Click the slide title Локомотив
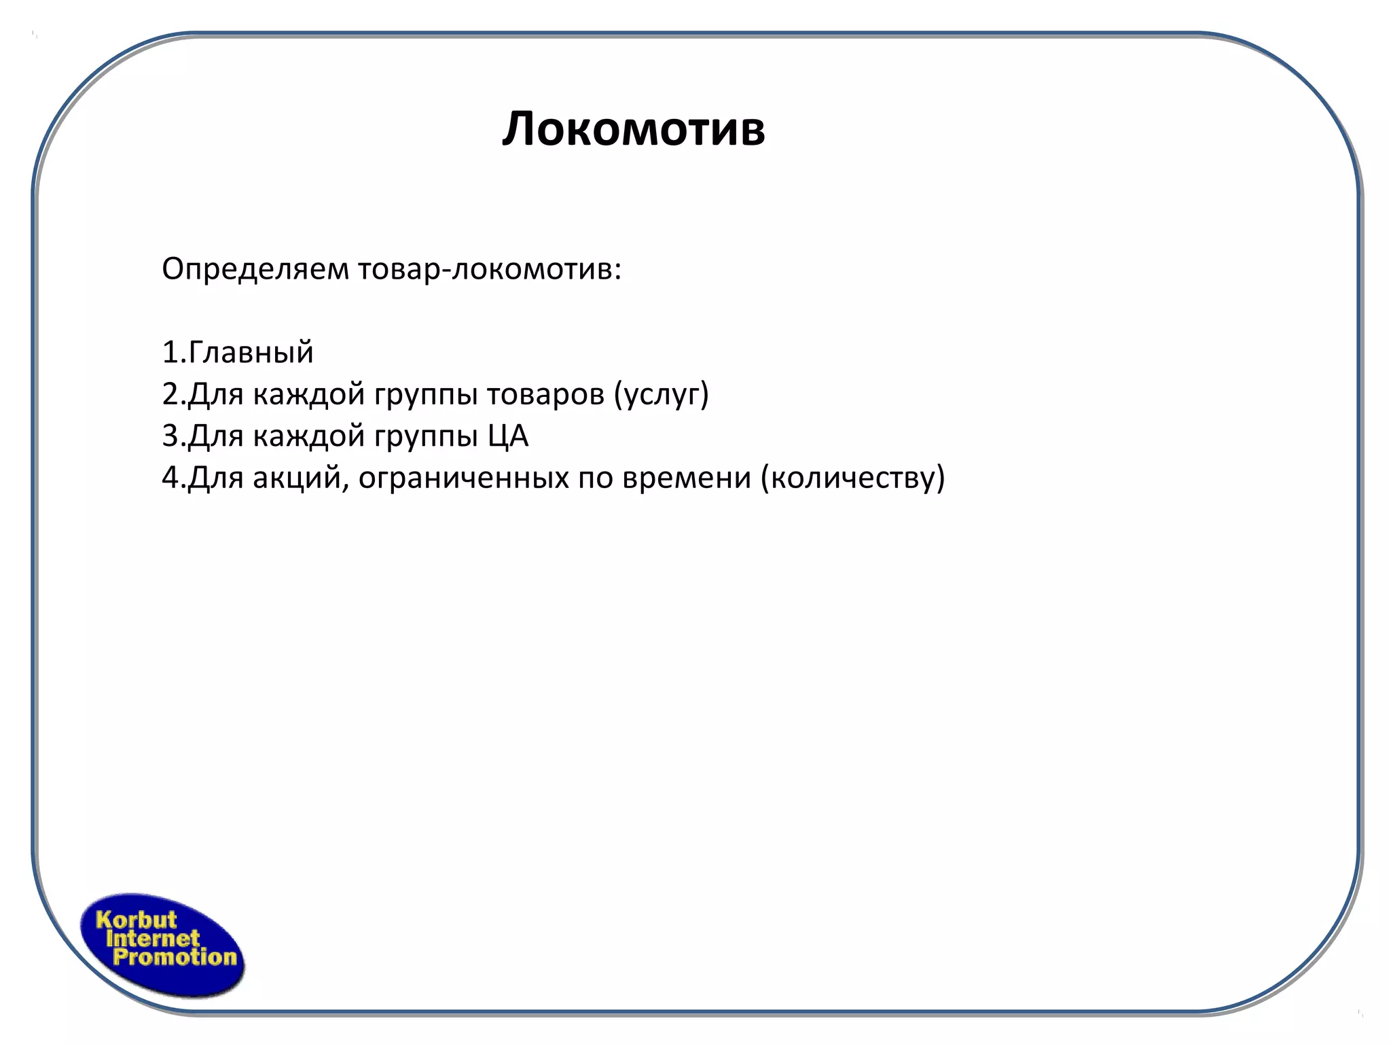[x=634, y=128]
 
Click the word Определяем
[x=255, y=270]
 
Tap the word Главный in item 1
[x=251, y=353]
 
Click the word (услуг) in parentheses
[x=661, y=394]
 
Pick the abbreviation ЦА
[x=507, y=436]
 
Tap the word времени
[x=687, y=478]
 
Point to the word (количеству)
[x=852, y=478]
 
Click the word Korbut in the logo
[x=136, y=920]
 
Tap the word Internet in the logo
[x=153, y=939]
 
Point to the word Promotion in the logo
[x=175, y=958]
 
